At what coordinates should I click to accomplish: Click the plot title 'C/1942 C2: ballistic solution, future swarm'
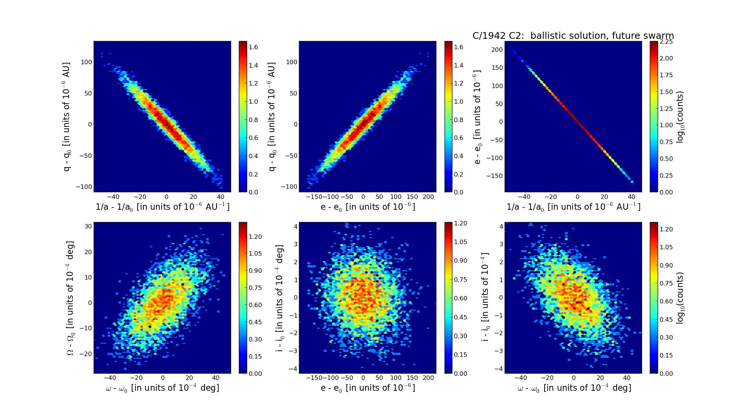click(573, 36)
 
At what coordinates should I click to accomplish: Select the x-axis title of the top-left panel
click(162, 207)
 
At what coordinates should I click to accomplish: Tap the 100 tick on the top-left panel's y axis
click(86, 62)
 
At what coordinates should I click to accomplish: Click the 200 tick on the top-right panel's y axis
click(497, 50)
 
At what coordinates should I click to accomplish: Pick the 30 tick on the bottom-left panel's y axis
click(88, 226)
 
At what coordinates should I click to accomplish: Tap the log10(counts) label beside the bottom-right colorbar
click(680, 298)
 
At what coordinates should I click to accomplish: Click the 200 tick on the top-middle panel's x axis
click(429, 197)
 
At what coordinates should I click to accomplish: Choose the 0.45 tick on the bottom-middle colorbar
click(461, 317)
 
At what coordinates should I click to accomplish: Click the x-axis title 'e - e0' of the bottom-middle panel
click(368, 388)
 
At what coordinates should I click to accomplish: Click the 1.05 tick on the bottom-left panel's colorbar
click(255, 254)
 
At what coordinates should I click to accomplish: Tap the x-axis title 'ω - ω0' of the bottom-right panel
click(574, 388)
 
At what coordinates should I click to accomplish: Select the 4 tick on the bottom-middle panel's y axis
click(295, 226)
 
